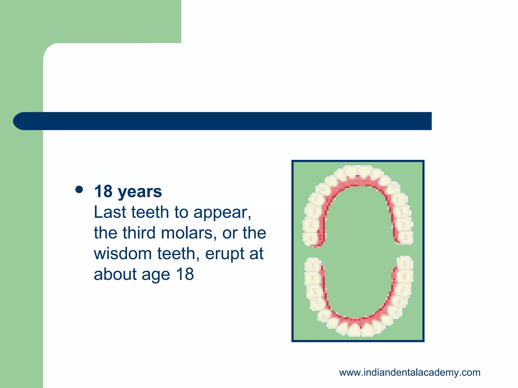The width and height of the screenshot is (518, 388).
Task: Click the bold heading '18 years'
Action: [128, 191]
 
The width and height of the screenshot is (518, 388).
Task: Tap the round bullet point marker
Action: [79, 190]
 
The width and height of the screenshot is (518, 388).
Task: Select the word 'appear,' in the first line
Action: [222, 213]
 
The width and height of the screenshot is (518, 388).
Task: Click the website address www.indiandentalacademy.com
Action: [409, 373]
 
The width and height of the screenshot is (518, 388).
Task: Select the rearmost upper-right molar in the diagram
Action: [406, 237]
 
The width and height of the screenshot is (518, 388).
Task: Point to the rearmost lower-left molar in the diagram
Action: [313, 265]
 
